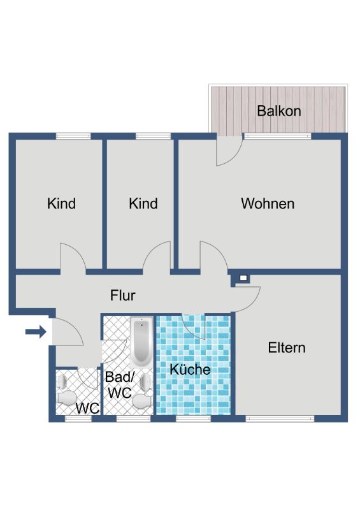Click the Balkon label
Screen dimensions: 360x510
(x=278, y=111)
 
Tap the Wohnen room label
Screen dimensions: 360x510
(x=268, y=203)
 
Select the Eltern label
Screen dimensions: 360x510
(x=287, y=347)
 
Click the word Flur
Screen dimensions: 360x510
(x=122, y=295)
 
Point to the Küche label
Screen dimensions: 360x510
(x=190, y=369)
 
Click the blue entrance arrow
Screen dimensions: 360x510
(x=36, y=331)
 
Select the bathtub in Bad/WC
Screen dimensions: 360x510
(x=141, y=342)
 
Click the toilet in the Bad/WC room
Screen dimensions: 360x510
(x=143, y=401)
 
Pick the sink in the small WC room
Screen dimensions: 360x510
(x=62, y=381)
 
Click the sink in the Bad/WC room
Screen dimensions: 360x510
(x=147, y=381)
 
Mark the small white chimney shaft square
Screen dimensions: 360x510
(x=243, y=278)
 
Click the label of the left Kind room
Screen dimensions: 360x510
(x=61, y=203)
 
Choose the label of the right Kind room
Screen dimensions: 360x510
(x=143, y=203)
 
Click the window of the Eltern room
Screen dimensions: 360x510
(x=280, y=419)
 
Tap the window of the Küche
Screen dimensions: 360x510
(x=194, y=419)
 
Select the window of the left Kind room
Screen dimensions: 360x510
(x=73, y=136)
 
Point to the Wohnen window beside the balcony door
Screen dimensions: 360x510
(x=277, y=136)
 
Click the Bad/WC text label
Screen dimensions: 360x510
(x=120, y=385)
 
